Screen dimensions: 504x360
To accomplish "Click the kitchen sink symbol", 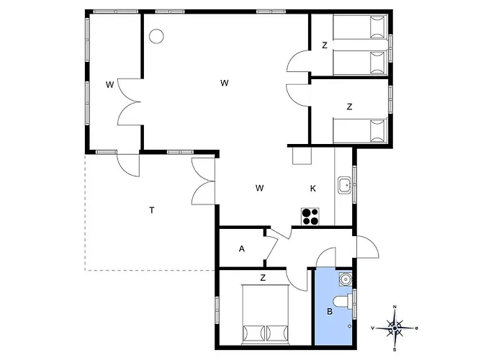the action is coord(345,185).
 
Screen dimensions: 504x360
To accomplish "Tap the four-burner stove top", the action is coord(310,216).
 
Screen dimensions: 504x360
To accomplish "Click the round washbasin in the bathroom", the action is coord(346,279).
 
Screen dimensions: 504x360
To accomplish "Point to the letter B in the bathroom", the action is coord(330,312).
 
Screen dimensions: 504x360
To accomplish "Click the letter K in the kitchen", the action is coord(312,189).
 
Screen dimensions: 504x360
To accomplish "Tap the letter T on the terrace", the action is coord(152,210).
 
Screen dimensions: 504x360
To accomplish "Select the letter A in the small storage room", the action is coord(242,248).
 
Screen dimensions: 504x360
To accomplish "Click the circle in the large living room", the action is coord(156,36).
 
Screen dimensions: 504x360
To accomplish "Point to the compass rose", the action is coord(395,328).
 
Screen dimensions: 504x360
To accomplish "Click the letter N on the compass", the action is coord(395,307).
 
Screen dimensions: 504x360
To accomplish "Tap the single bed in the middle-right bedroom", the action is coord(360,131).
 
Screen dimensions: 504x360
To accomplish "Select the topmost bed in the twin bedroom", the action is coord(360,27).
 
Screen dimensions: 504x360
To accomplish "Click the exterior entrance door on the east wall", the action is coord(367,247).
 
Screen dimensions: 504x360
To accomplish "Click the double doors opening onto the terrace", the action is coord(203,181).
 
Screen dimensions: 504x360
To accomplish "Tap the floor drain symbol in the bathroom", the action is coord(350,326).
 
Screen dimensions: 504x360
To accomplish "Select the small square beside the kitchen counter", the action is coord(302,156).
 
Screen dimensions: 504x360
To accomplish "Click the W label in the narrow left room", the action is coord(110,85).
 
